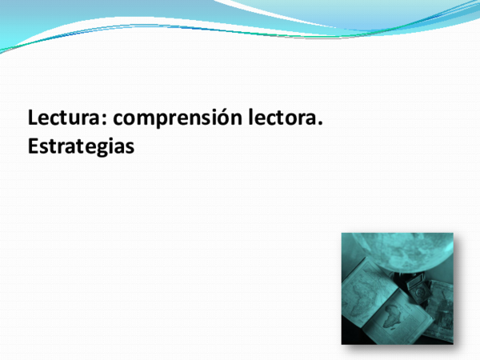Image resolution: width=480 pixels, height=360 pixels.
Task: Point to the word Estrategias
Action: tap(79, 147)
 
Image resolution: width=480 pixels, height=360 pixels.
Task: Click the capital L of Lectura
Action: tap(34, 118)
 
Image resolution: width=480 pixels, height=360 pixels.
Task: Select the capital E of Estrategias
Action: tap(33, 147)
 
